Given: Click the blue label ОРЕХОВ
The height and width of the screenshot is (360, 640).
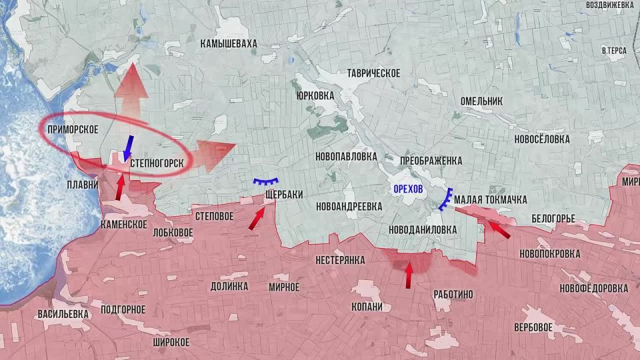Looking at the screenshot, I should pyautogui.click(x=408, y=189).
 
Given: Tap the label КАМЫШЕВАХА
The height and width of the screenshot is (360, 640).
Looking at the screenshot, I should pyautogui.click(x=228, y=43).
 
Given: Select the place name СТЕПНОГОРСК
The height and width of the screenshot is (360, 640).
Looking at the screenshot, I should pyautogui.click(x=157, y=163).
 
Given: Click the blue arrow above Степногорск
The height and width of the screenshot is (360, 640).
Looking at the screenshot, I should pyautogui.click(x=129, y=147).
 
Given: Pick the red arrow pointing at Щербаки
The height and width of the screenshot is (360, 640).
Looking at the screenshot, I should pyautogui.click(x=257, y=218).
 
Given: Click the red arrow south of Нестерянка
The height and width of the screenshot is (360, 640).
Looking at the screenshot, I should pyautogui.click(x=409, y=273).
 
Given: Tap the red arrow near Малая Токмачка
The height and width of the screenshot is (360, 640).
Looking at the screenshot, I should pyautogui.click(x=496, y=228).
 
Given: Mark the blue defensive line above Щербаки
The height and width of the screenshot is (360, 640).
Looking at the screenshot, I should pyautogui.click(x=265, y=184).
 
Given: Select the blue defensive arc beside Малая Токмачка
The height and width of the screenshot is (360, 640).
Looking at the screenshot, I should pyautogui.click(x=445, y=199).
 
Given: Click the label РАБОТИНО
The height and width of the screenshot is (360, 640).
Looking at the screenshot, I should pyautogui.click(x=453, y=294).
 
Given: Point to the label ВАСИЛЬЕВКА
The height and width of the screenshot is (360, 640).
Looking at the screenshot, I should pyautogui.click(x=63, y=314).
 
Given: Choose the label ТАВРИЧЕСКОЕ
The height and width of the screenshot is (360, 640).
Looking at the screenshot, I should pyautogui.click(x=373, y=73).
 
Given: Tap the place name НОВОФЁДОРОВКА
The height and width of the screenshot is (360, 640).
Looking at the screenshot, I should pyautogui.click(x=593, y=288).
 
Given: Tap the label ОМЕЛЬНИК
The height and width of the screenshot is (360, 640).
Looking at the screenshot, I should pyautogui.click(x=481, y=101).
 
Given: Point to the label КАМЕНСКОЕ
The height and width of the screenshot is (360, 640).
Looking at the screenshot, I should pyautogui.click(x=123, y=224).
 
